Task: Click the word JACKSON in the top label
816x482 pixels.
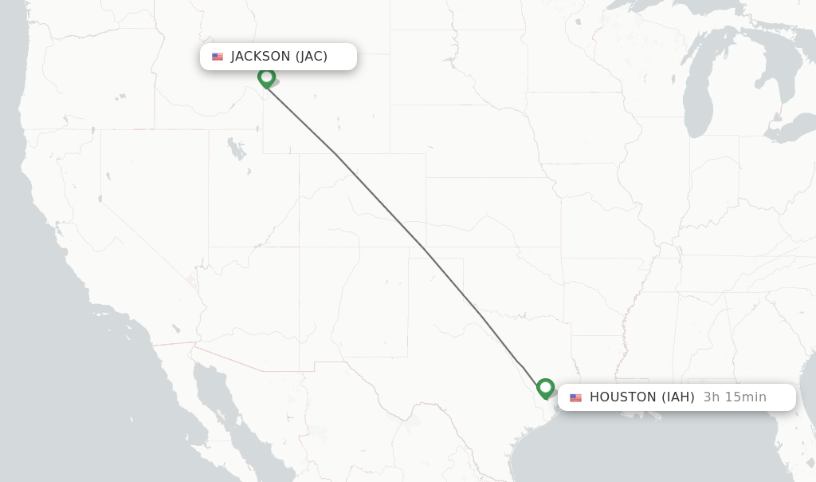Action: [x=261, y=57]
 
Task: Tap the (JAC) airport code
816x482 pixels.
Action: [x=312, y=57]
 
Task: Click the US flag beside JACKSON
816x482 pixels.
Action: [x=218, y=57]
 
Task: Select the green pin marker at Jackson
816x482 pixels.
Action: [x=267, y=77]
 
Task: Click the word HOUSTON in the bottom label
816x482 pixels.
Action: [x=623, y=397]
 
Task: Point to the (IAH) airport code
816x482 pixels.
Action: [x=678, y=397]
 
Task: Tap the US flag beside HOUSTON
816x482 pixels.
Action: [x=575, y=397]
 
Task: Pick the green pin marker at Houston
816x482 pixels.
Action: [x=546, y=388]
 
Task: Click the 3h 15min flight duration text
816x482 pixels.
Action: [x=735, y=397]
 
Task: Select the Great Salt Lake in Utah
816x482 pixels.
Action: [x=237, y=148]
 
